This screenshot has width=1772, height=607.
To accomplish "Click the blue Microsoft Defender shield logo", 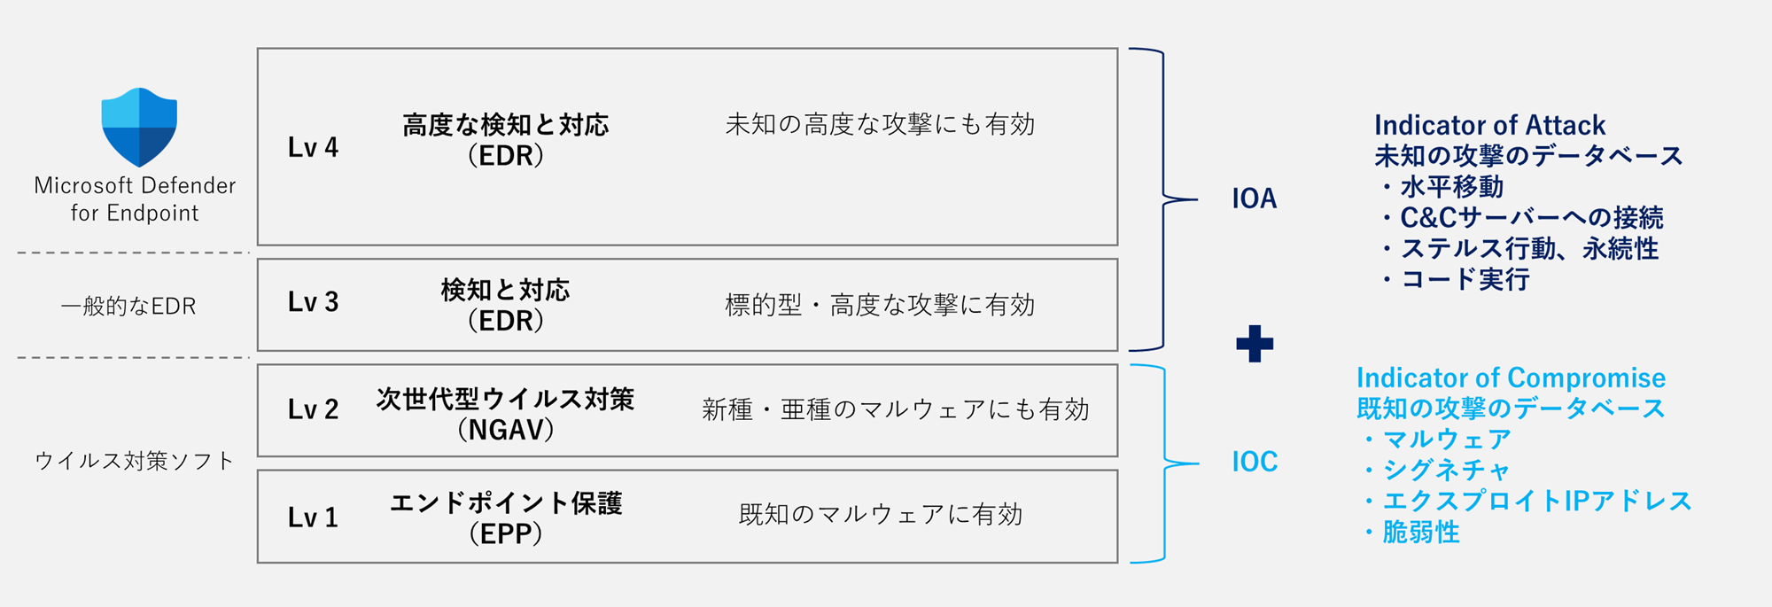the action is point(139,127).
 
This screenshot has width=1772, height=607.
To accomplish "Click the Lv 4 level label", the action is point(313,147).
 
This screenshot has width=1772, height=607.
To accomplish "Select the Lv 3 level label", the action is point(313,302).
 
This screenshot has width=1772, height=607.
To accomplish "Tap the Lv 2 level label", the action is point(313,409).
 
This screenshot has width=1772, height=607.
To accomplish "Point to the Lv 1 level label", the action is point(313,518).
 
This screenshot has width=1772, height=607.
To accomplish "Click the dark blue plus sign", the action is point(1255,344).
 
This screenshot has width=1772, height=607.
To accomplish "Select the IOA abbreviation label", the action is point(1255,198).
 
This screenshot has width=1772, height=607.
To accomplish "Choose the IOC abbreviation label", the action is point(1255,462).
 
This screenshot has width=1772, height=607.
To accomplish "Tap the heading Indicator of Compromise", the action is point(1511,377).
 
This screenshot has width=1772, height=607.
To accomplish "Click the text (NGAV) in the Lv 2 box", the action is point(506,430).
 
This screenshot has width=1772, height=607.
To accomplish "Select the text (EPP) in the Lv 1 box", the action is point(506,533).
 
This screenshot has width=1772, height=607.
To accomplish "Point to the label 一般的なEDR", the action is point(128,307).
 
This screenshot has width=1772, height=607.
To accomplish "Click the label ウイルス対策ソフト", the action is point(134,461).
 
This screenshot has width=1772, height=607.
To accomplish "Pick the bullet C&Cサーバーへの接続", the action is point(1521,218).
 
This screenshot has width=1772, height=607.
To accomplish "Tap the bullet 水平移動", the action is point(1442,187).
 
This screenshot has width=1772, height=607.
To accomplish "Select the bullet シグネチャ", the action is point(1435,471).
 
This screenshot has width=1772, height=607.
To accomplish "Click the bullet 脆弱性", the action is point(1411,533).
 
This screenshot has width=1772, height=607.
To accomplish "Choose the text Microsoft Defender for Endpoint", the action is point(135,198).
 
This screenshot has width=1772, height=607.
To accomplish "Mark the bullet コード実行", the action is point(1454,280).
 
